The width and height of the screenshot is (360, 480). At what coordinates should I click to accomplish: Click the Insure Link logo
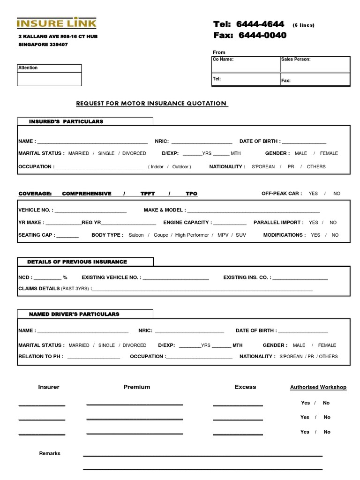[57, 23]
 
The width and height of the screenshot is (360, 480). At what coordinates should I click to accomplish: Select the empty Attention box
[49, 78]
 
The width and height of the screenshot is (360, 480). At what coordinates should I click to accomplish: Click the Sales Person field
[315, 64]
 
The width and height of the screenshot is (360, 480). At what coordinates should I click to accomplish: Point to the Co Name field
[245, 64]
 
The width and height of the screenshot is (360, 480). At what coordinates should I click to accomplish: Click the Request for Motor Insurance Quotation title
[151, 103]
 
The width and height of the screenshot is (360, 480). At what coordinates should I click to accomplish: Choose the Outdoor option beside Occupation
[180, 167]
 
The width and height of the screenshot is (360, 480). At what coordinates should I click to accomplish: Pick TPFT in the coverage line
[147, 194]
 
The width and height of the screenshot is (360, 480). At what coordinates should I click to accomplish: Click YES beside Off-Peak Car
[313, 194]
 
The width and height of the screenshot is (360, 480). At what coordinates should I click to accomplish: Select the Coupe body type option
[161, 235]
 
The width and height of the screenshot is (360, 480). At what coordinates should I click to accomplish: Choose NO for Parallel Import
[333, 223]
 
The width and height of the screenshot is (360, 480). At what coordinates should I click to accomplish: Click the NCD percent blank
[47, 278]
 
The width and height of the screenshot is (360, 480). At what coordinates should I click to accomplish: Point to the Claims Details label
[39, 289]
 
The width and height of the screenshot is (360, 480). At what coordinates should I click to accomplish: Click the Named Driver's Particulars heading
[74, 314]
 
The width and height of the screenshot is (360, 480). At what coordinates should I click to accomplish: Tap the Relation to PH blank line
[94, 357]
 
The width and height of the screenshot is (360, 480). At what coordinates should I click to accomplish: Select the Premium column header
[137, 387]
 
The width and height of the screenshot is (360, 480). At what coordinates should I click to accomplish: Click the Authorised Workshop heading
[318, 387]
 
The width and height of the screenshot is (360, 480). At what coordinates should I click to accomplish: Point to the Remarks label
[50, 453]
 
